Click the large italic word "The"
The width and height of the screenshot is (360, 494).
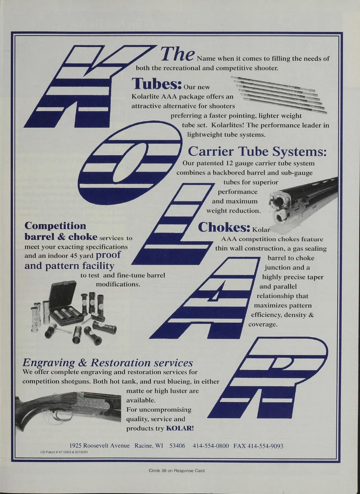pyautogui.click(x=178, y=54)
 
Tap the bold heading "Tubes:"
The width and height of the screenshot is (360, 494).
pyautogui.click(x=157, y=84)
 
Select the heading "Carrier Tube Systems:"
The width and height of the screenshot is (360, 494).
pyautogui.click(x=257, y=152)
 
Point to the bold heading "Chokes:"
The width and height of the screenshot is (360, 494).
pyautogui.click(x=224, y=227)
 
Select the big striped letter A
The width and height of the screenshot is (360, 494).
pyautogui.click(x=205, y=298)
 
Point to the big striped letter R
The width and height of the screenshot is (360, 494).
pyautogui.click(x=268, y=377)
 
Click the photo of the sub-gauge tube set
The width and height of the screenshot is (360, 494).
pyautogui.click(x=279, y=95)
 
